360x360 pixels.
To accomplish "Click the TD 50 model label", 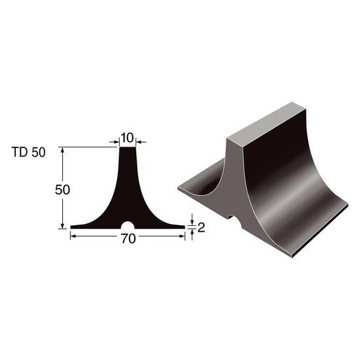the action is click(x=28, y=153).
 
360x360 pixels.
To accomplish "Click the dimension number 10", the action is click(x=127, y=137).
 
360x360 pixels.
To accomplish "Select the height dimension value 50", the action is click(x=62, y=190).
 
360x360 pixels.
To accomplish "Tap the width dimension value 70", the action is click(x=128, y=238).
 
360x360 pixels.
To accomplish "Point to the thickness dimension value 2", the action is click(x=201, y=228).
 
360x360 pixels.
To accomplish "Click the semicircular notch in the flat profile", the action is click(x=128, y=225).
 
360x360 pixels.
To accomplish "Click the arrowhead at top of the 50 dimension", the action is click(x=62, y=150).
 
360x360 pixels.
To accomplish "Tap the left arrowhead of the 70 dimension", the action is click(x=73, y=236).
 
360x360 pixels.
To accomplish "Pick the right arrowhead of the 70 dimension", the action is click(x=182, y=236).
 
